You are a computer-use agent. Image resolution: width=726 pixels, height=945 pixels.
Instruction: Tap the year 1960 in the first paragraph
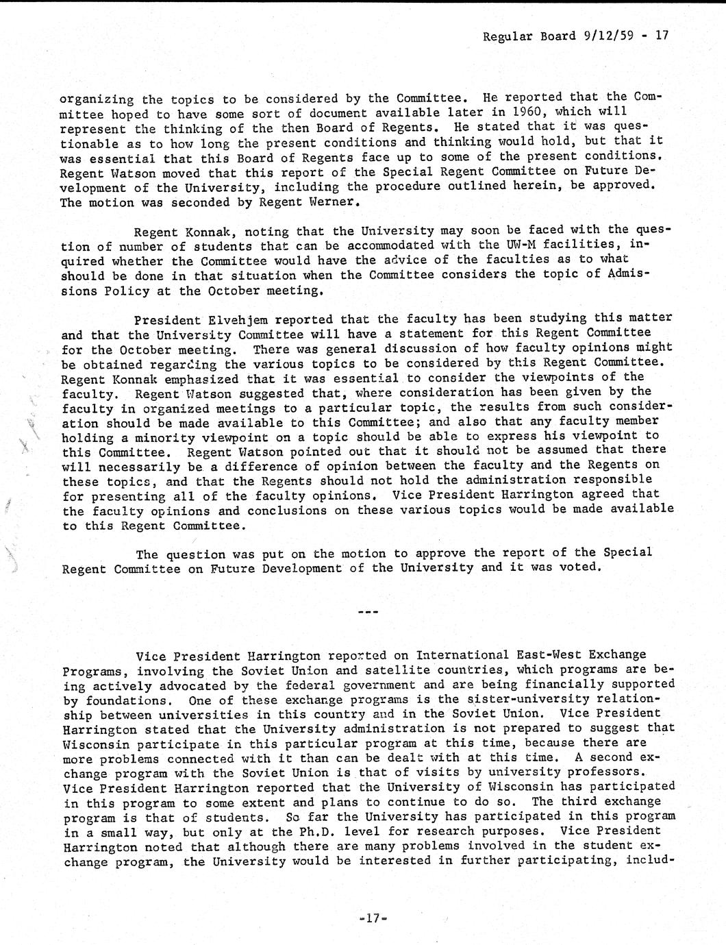[x=525, y=112]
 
